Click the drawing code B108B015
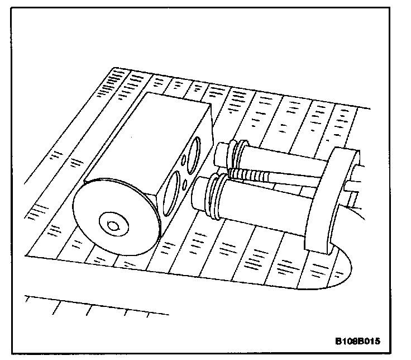tap(361, 341)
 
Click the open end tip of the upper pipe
tap(222, 152)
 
